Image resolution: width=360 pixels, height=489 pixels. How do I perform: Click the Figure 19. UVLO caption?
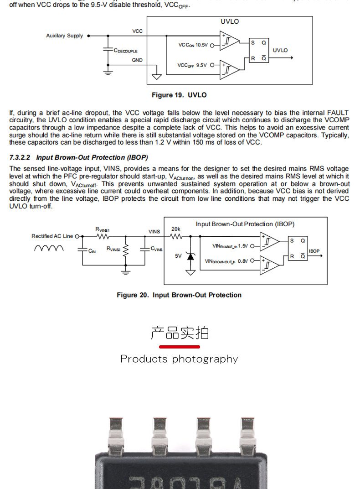click(x=179, y=95)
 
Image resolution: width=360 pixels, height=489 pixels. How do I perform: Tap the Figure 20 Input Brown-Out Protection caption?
click(x=179, y=295)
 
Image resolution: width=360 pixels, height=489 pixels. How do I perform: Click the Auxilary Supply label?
click(x=64, y=36)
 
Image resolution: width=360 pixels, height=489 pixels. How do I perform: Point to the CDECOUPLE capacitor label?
click(x=125, y=51)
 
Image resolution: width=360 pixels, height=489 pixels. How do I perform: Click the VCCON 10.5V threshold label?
click(x=193, y=45)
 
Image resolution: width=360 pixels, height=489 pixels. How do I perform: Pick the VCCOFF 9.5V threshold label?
click(x=192, y=65)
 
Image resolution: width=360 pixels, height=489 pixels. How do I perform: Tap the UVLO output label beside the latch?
click(x=280, y=50)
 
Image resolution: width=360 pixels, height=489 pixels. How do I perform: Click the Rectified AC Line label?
click(x=52, y=236)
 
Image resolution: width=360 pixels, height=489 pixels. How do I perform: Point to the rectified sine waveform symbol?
click(x=49, y=248)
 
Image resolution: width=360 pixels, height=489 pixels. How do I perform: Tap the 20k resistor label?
click(x=176, y=229)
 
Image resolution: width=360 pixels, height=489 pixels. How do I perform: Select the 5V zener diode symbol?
click(x=190, y=256)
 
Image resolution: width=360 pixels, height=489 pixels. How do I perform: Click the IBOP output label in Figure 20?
click(x=314, y=251)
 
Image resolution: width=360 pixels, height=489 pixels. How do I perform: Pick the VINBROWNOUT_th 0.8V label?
click(x=226, y=261)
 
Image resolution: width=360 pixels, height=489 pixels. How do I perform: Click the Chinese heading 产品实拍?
click(x=180, y=333)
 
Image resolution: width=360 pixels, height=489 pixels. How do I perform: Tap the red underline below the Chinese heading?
click(x=180, y=347)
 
